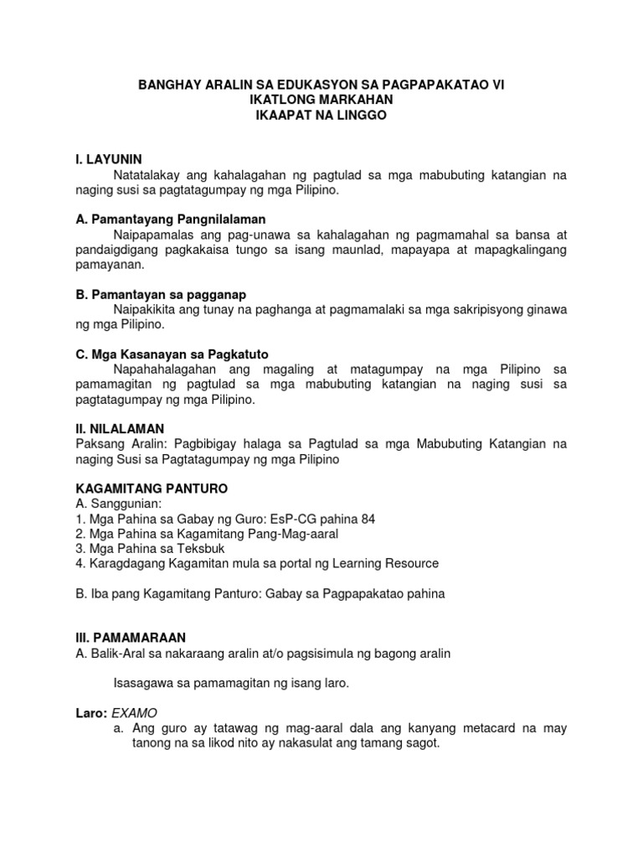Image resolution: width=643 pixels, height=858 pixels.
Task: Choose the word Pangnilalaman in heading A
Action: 216,220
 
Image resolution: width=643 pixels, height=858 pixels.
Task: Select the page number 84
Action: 366,519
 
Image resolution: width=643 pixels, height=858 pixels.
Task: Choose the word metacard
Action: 490,728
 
